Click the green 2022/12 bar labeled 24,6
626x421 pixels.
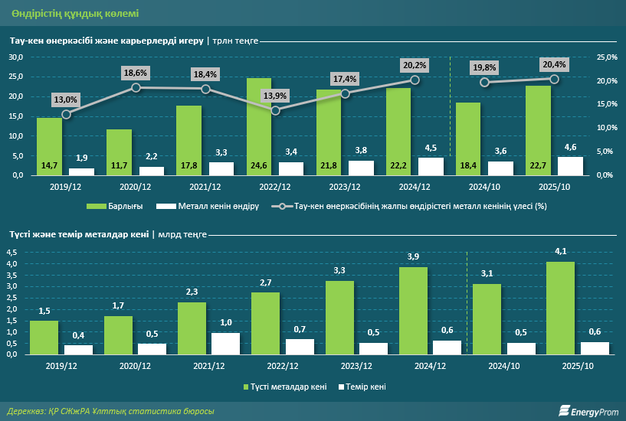tap(258, 126)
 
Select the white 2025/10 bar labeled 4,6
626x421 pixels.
tap(570, 166)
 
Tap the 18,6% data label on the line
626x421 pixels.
tap(136, 72)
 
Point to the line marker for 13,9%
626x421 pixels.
tap(276, 110)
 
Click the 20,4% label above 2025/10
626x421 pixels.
tap(554, 64)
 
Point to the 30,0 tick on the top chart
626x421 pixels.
tap(16, 57)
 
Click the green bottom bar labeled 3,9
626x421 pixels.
tap(413, 311)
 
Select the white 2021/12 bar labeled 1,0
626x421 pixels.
tap(225, 344)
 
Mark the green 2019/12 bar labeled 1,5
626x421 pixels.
tap(44, 338)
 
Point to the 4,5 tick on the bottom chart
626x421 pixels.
tap(12, 253)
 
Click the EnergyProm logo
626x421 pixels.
tap(588, 412)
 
